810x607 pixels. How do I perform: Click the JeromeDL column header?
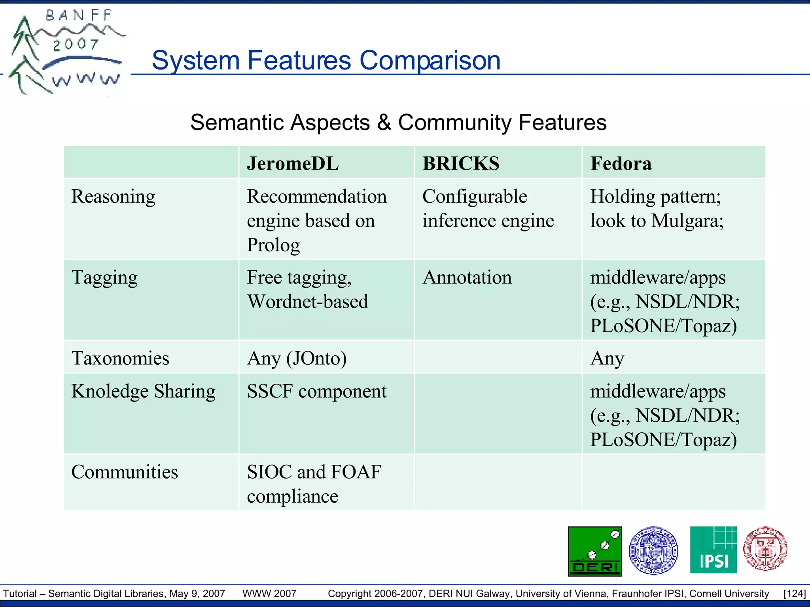(x=293, y=164)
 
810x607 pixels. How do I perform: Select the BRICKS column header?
(x=461, y=164)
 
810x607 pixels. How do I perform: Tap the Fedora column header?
(x=621, y=164)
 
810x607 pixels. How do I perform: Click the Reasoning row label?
(x=113, y=196)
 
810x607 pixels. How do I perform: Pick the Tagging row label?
(x=104, y=277)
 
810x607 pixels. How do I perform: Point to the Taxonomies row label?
(x=120, y=358)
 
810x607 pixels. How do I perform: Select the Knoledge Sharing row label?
(x=143, y=391)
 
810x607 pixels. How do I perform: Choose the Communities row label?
(x=125, y=472)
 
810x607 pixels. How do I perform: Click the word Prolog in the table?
(x=273, y=245)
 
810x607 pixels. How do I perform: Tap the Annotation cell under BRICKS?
(x=467, y=277)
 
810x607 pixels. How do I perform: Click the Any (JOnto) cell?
(x=297, y=358)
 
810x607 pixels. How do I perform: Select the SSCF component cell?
(x=316, y=391)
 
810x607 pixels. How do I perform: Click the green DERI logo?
(x=594, y=551)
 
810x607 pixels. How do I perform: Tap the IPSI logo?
(x=713, y=550)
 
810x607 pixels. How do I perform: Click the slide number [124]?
(x=794, y=594)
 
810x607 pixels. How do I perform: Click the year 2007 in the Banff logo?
(x=76, y=44)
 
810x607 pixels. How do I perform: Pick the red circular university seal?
(x=765, y=549)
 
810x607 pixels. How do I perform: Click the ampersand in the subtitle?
(x=384, y=123)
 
